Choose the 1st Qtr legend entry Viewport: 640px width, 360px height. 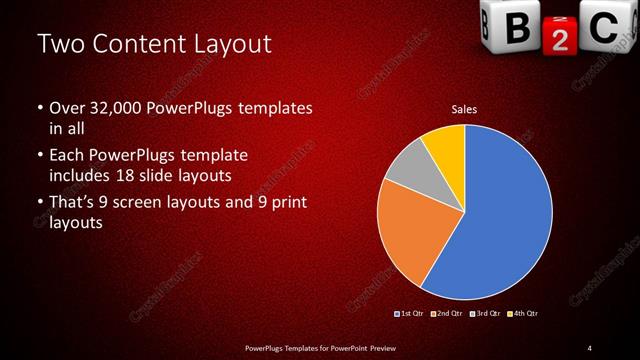[410, 314]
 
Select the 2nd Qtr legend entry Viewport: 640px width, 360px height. [447, 314]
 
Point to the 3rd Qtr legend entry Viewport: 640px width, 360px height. [485, 314]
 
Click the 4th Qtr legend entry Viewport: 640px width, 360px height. [523, 314]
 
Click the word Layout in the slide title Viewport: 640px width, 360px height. [229, 45]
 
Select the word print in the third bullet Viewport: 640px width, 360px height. [288, 205]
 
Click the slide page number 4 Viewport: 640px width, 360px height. [590, 347]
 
